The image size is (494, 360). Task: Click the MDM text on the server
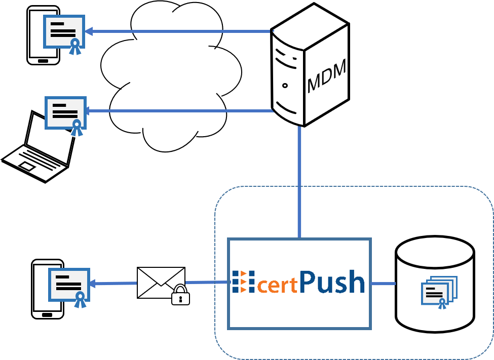click(327, 76)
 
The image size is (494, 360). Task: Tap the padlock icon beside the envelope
click(180, 295)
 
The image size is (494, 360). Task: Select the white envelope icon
click(161, 282)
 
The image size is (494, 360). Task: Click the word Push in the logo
click(332, 282)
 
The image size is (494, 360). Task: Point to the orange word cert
click(277, 285)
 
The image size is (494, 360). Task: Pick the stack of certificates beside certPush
click(439, 292)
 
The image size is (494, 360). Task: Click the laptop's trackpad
click(27, 166)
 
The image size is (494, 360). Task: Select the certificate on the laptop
click(65, 112)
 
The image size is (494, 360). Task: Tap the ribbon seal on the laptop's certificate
click(77, 128)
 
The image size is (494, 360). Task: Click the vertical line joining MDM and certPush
click(299, 182)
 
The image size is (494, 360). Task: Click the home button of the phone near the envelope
click(47, 314)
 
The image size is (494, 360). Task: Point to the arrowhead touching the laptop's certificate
click(88, 110)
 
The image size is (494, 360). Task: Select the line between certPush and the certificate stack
click(383, 284)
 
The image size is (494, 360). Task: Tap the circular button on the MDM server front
click(285, 86)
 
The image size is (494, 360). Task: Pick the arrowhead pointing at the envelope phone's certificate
click(92, 284)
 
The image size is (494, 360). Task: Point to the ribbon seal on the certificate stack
click(442, 303)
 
